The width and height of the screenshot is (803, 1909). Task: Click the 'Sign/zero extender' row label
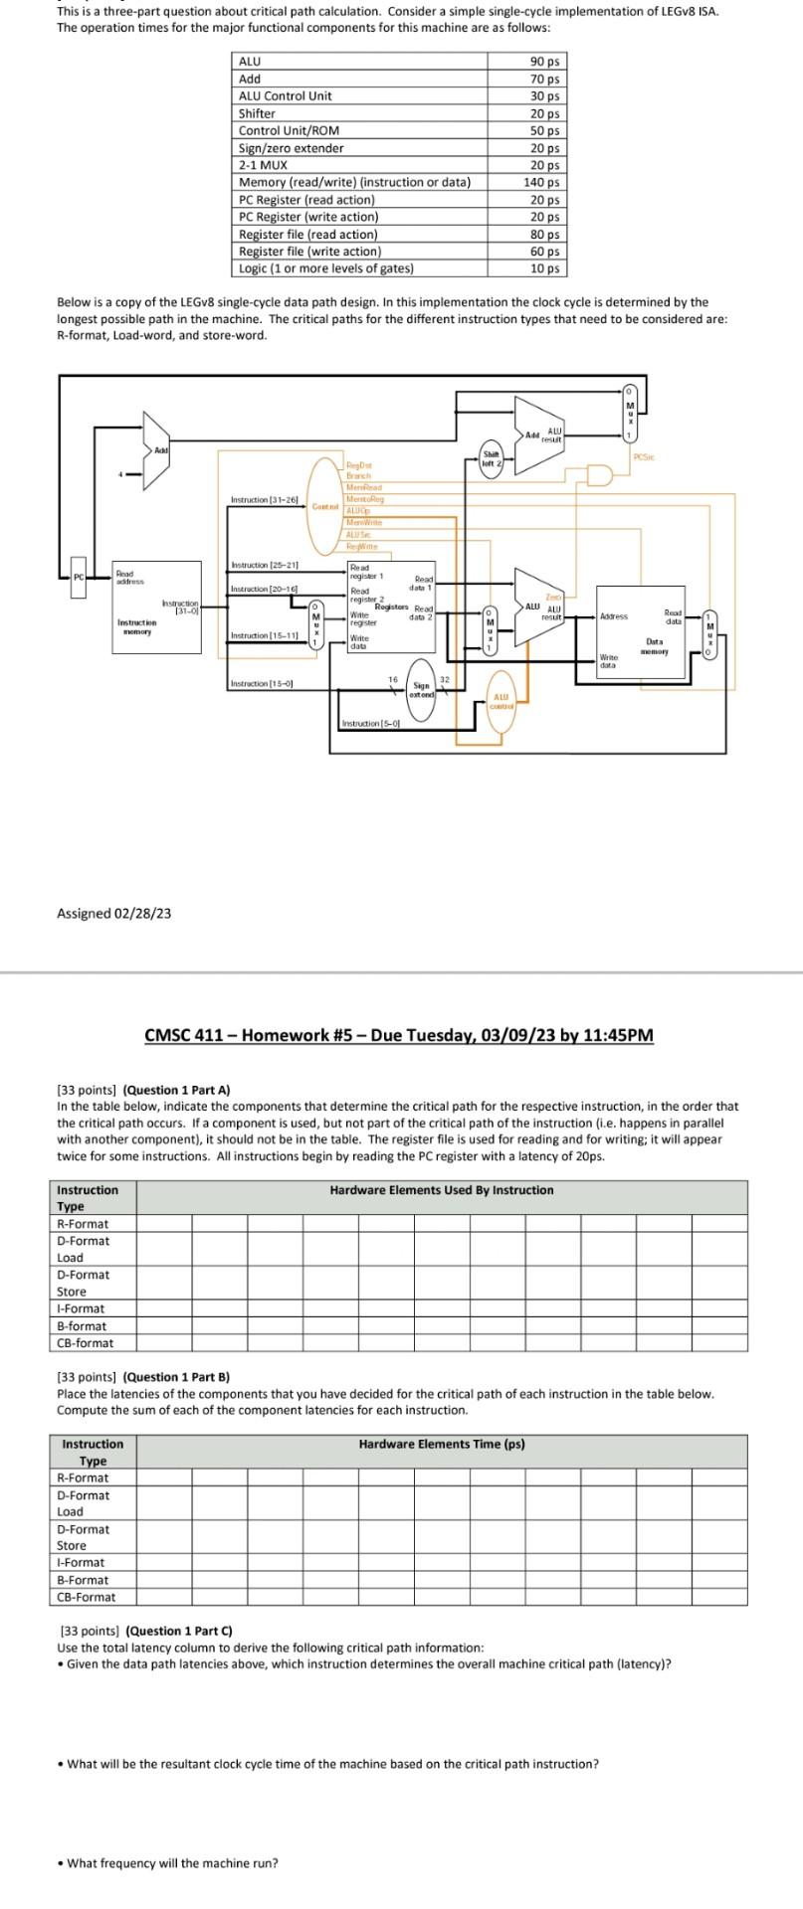(291, 148)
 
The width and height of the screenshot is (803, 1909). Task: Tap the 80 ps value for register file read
(544, 235)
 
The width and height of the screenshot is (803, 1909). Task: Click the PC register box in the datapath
(78, 577)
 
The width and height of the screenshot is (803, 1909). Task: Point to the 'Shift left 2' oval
(490, 458)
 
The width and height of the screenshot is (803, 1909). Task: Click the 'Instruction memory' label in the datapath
(136, 626)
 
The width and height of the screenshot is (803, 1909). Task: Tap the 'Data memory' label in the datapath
(655, 646)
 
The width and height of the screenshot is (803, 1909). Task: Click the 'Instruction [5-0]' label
(370, 724)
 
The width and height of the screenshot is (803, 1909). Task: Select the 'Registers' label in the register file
(392, 606)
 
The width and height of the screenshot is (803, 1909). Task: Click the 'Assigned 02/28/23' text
(113, 913)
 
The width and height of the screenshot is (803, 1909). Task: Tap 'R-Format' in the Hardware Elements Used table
(83, 1224)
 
